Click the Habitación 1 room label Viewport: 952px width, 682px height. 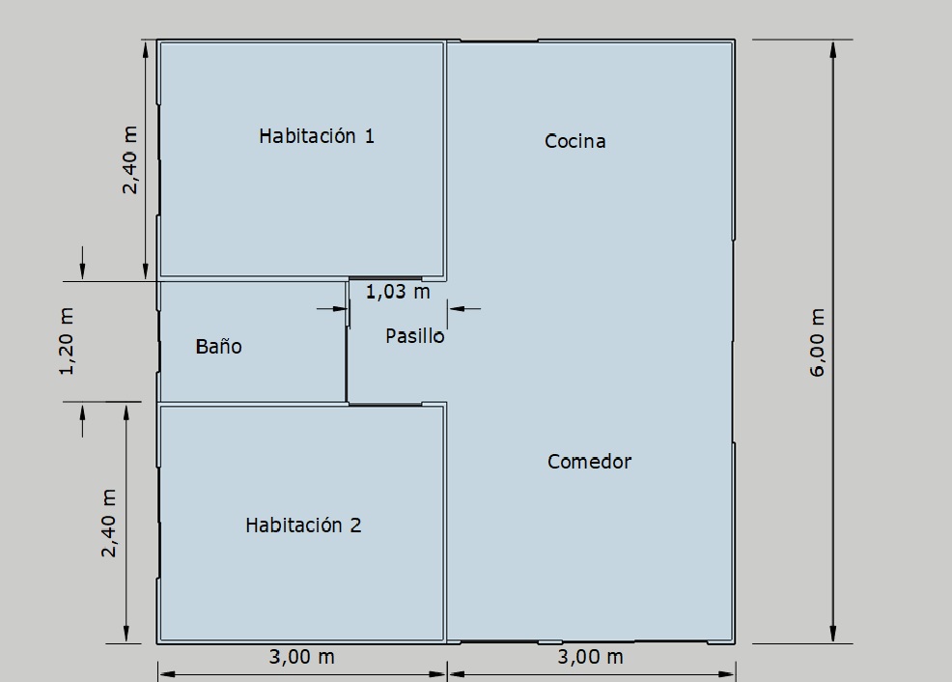point(317,135)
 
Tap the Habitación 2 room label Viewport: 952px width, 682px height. point(303,525)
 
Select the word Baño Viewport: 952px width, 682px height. point(218,346)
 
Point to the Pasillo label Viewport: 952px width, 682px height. point(414,336)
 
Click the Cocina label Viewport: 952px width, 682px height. point(574,141)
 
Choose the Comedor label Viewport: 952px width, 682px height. point(589,462)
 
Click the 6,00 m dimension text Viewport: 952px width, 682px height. point(818,343)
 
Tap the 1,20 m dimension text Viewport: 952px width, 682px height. point(67,341)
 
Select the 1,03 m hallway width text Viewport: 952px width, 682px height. point(398,292)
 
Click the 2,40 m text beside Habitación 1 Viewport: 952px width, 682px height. point(129,159)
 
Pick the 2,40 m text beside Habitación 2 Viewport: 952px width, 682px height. point(108,523)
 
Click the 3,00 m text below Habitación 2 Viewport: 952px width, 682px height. point(302,657)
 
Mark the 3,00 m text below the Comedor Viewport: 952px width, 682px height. point(590,657)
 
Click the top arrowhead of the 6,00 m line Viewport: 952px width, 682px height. point(833,49)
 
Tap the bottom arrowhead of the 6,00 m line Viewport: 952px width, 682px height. point(833,634)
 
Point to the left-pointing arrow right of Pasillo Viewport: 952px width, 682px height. point(464,308)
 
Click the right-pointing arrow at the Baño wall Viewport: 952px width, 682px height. point(332,308)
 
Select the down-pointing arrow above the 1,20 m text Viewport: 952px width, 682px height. point(83,263)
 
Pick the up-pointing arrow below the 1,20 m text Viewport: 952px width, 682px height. point(83,420)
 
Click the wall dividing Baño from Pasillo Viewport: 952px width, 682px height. point(347,341)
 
